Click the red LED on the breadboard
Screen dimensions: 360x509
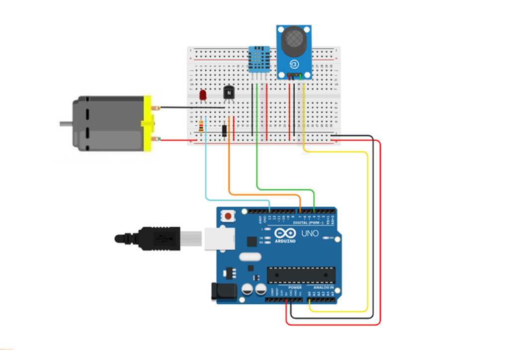click(x=202, y=94)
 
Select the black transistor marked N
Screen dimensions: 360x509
click(x=229, y=92)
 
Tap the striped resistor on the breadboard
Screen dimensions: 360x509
click(x=201, y=127)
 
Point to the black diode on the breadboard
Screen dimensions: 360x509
click(x=225, y=130)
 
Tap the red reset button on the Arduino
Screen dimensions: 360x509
click(x=228, y=216)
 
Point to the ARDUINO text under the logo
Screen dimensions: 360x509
click(x=284, y=241)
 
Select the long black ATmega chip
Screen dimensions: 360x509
click(x=301, y=274)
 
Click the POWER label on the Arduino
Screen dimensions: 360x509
click(x=295, y=287)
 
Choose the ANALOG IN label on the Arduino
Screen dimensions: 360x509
click(x=323, y=287)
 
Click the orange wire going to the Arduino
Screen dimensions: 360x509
click(x=263, y=193)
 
